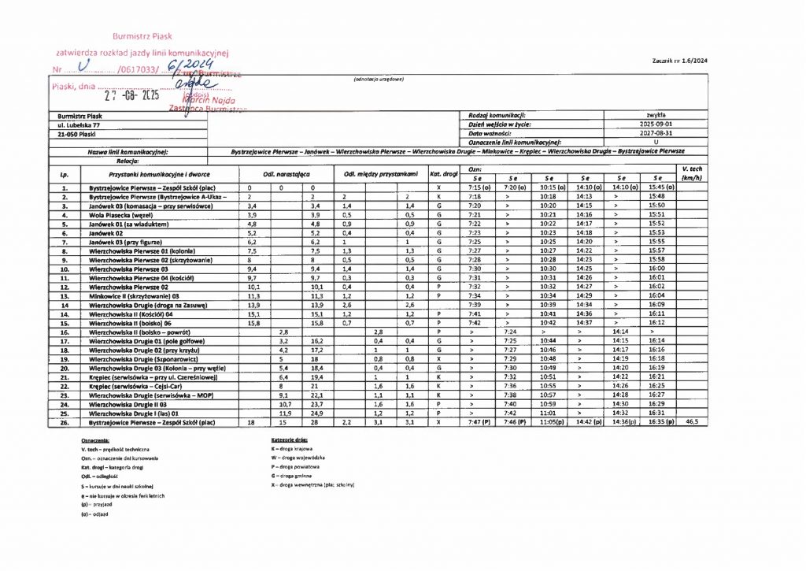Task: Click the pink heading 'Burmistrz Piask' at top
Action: pos(142,36)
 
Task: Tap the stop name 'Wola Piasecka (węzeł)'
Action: pos(120,213)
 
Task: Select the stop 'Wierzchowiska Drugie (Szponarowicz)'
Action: pos(146,358)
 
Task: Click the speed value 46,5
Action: pos(693,422)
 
